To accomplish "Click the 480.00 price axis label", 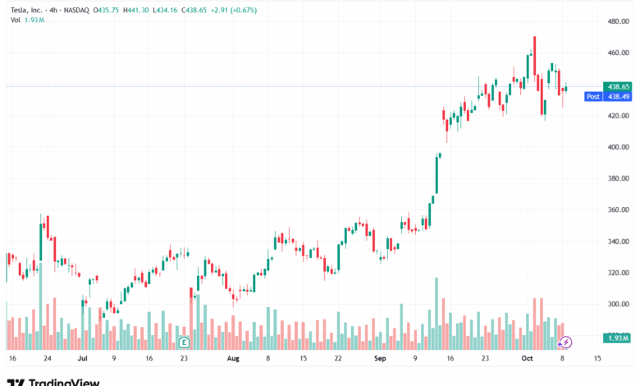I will (619, 21).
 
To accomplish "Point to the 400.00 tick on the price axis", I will (619, 147).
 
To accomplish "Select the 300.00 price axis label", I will (619, 304).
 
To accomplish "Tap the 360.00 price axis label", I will (619, 210).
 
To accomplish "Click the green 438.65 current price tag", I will (618, 86).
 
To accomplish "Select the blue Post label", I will (592, 96).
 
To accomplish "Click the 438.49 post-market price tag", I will (618, 96).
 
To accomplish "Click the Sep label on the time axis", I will (379, 359).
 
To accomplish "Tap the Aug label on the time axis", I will (233, 359).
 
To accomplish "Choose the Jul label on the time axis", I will (83, 359).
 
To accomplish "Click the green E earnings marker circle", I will (184, 341).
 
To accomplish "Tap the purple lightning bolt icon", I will (565, 341).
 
